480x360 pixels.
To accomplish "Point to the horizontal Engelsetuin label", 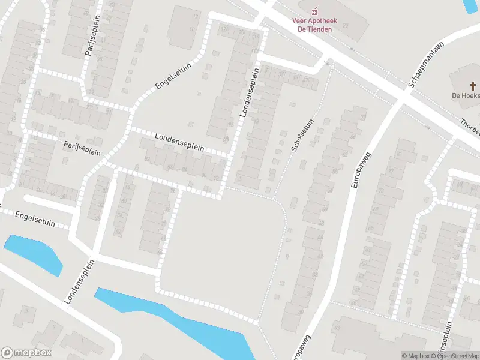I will (35, 218).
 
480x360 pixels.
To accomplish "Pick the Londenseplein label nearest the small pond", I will (79, 281).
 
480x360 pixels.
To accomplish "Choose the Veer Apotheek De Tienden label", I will (314, 25).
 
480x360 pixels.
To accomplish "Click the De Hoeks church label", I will (466, 95).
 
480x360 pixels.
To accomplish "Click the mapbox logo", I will (26, 353).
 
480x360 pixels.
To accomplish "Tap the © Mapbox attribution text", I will (415, 356).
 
